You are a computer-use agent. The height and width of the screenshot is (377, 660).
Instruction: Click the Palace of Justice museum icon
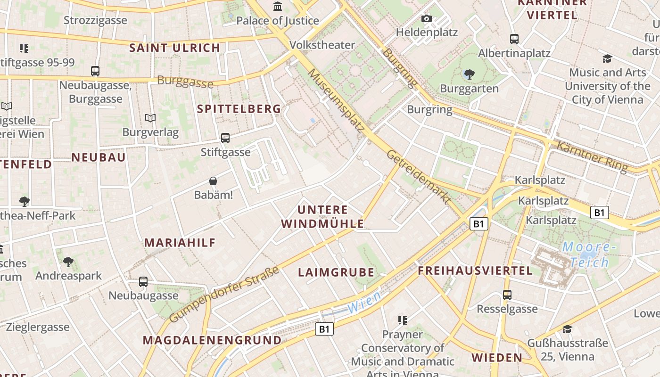[x=278, y=7]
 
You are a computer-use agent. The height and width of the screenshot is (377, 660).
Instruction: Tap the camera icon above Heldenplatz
[x=427, y=19]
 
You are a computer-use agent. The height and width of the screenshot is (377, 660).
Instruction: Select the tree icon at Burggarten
[x=469, y=74]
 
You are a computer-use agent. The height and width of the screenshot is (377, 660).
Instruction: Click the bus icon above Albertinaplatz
[x=514, y=39]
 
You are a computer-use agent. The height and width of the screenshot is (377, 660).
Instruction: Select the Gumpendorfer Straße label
[x=224, y=295]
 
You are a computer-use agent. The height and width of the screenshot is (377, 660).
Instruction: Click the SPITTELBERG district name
[x=239, y=109]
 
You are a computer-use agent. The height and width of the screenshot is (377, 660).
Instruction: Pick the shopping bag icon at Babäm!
[x=214, y=181]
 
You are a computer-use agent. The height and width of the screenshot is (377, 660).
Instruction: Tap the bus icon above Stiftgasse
[x=225, y=138]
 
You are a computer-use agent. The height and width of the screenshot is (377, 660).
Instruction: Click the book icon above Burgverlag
[x=150, y=118]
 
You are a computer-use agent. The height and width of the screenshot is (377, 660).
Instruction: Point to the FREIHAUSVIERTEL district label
[x=475, y=270]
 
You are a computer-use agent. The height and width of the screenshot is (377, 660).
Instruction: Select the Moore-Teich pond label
[x=589, y=254]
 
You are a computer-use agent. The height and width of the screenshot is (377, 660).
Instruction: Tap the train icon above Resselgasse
[x=507, y=295]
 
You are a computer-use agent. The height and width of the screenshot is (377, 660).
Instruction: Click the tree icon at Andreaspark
[x=68, y=262]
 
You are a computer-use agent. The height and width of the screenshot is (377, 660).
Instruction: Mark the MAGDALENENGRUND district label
[x=212, y=340]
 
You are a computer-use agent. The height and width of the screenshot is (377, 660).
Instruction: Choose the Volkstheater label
[x=322, y=45]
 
